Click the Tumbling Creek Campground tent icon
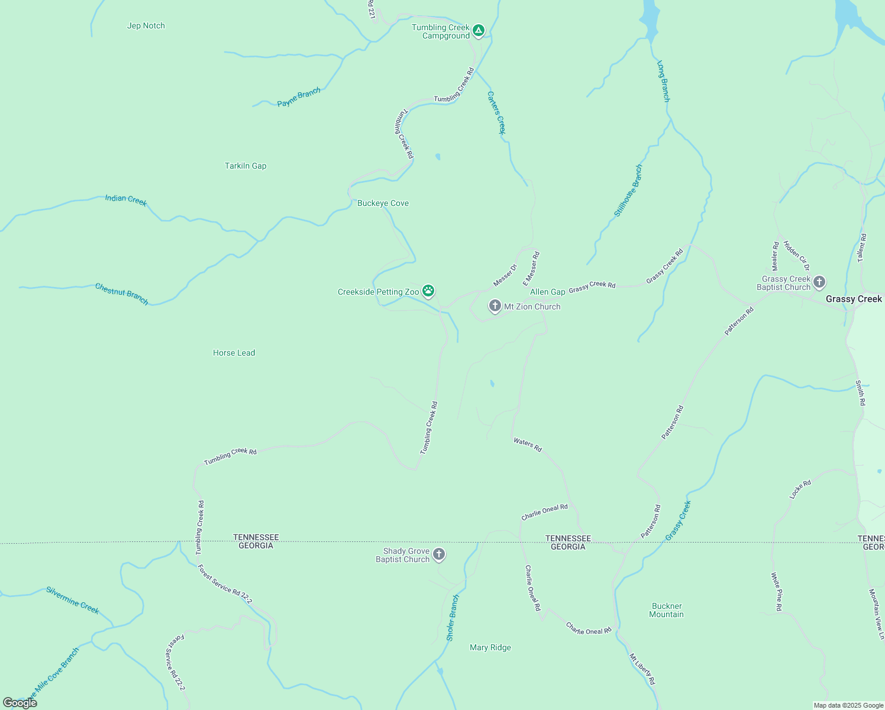pos(479,30)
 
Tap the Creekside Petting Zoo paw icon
pos(428,291)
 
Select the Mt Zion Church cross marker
pos(495,306)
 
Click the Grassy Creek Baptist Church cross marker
pos(819,282)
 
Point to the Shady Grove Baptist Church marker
pos(438,554)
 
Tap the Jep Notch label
pos(146,25)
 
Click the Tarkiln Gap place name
pos(246,166)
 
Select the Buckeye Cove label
pos(383,203)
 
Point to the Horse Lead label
pos(234,353)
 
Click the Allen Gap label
pos(547,292)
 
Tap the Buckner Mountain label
pos(667,610)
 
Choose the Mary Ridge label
pos(490,647)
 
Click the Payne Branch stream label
pos(299,97)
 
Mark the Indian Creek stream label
pos(126,200)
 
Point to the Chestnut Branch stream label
pos(122,293)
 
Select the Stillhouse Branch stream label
pos(628,191)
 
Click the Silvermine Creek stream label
pos(73,600)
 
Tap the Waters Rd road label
pos(528,445)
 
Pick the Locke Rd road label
pos(800,489)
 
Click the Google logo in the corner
pos(20,703)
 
